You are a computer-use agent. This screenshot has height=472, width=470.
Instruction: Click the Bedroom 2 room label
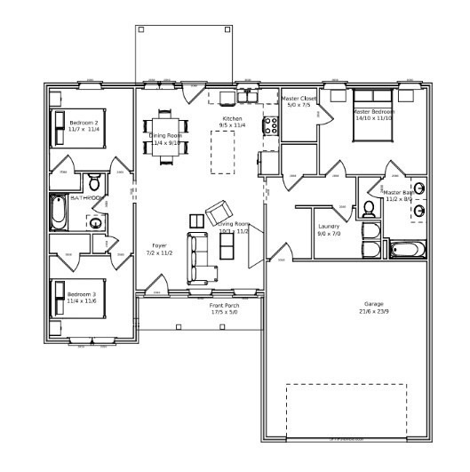tap(84, 123)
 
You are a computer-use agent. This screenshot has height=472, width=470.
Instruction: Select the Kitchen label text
tap(232, 119)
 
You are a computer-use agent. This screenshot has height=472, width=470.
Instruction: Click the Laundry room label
tap(329, 227)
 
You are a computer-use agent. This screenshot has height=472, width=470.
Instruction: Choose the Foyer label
tap(159, 245)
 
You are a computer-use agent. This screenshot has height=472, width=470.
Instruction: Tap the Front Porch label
tap(224, 306)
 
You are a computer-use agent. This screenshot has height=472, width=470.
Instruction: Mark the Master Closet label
tap(299, 98)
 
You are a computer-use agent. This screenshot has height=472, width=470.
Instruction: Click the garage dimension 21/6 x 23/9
tap(374, 312)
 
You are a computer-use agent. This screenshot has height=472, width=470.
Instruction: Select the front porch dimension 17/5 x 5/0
tap(224, 313)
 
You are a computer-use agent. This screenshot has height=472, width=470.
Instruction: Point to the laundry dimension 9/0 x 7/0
tap(329, 234)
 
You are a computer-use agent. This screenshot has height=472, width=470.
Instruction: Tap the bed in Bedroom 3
tap(72, 298)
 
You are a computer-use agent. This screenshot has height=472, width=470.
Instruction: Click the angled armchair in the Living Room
tap(219, 213)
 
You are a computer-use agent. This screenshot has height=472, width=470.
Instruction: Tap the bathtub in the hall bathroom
tap(58, 212)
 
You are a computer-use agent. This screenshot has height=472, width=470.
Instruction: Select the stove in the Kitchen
tap(271, 124)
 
